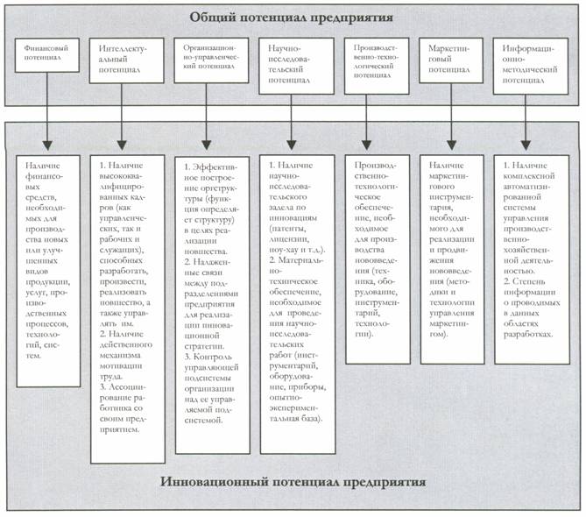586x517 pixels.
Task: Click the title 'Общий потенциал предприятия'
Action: coord(293,18)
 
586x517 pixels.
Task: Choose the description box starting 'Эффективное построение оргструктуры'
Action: coord(211,298)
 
